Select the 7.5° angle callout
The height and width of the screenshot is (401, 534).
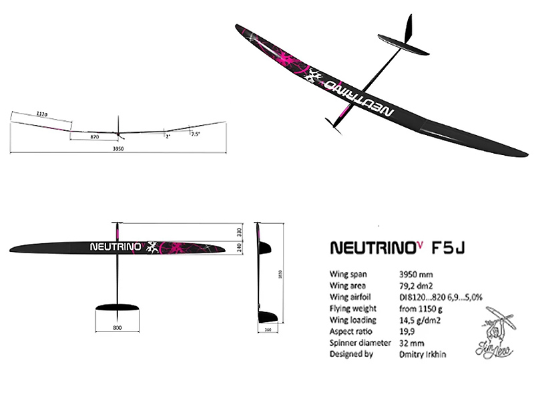(x=195, y=134)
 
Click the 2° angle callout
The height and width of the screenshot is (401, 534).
(x=168, y=136)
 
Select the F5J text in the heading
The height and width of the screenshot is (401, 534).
(x=449, y=249)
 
